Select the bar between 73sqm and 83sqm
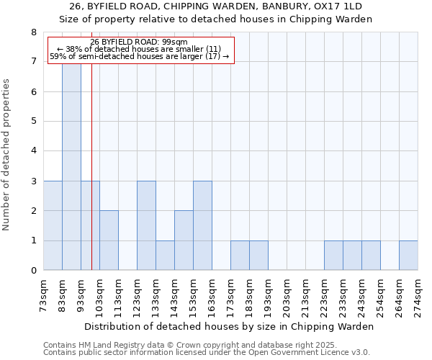pyautogui.click(x=53, y=225)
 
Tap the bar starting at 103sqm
pyautogui.click(x=109, y=240)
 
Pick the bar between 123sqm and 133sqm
pyautogui.click(x=146, y=225)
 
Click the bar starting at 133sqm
pyautogui.click(x=165, y=256)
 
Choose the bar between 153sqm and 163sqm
pyautogui.click(x=202, y=225)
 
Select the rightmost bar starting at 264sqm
pyautogui.click(x=408, y=256)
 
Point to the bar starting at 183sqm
pyautogui.click(x=258, y=256)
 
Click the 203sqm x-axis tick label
pyautogui.click(x=287, y=296)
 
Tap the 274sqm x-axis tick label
pyautogui.click(x=418, y=296)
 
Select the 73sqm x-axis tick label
pyautogui.click(x=44, y=296)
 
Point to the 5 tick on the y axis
pyautogui.click(x=33, y=122)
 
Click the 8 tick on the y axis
pyautogui.click(x=33, y=32)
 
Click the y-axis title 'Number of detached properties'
pyautogui.click(x=7, y=155)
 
